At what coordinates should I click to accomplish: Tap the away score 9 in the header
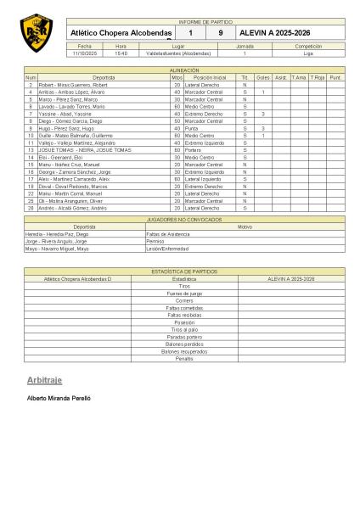220,33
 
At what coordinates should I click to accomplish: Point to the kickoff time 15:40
121,53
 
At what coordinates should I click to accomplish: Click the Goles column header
263,77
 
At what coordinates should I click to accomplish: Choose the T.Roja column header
318,77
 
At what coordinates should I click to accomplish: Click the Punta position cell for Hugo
196,127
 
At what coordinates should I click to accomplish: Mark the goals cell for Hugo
263,127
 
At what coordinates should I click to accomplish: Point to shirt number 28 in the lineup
31,207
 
